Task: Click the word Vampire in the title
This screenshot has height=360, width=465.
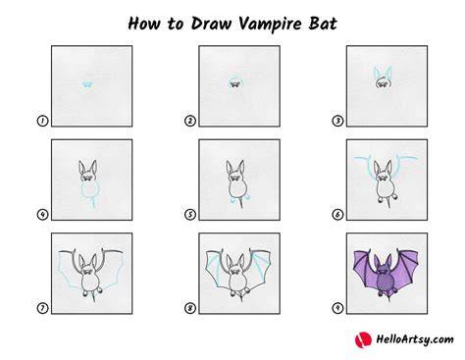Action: click(x=270, y=25)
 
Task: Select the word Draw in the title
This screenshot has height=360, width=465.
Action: click(x=211, y=24)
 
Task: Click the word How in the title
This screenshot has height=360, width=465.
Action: click(x=143, y=24)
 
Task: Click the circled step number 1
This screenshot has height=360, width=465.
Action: click(x=42, y=121)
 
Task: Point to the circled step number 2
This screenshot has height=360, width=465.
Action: click(x=190, y=121)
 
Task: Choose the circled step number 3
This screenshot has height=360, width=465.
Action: click(x=337, y=121)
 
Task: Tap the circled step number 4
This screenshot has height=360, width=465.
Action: click(x=42, y=215)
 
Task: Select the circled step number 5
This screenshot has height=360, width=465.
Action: click(x=190, y=215)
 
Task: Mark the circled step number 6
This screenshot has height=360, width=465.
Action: click(x=337, y=215)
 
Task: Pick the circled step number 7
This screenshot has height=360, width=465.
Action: click(x=42, y=308)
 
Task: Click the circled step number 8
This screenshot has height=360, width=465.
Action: click(x=190, y=308)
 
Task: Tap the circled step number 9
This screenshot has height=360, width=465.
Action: click(x=337, y=308)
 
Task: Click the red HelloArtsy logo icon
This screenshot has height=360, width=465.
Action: click(x=363, y=339)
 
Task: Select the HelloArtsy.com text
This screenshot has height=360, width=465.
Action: click(x=415, y=339)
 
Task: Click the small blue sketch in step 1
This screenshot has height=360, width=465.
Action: click(x=87, y=85)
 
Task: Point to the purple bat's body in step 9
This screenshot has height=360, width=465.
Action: click(x=386, y=283)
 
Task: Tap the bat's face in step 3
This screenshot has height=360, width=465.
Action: click(x=384, y=82)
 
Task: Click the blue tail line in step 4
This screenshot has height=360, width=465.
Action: click(x=93, y=203)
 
